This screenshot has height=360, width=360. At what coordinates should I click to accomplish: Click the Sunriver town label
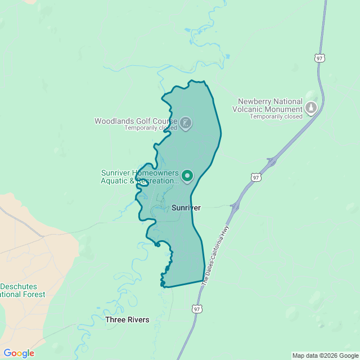point(186,208)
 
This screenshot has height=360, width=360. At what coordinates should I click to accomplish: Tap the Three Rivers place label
point(127,319)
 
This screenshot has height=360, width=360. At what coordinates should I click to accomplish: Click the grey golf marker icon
point(186,123)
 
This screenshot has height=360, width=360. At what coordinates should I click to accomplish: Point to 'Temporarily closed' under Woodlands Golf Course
point(151,128)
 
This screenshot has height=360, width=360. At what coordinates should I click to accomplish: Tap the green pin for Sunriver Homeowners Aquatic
point(187,176)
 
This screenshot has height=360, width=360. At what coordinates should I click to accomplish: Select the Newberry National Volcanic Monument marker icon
point(311,107)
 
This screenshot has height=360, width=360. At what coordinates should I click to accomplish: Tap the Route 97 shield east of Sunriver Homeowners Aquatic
point(256,178)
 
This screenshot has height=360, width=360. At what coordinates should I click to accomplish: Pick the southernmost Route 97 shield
point(196,309)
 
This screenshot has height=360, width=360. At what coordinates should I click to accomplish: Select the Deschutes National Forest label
point(22,290)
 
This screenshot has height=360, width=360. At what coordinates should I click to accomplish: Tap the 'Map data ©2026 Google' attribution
point(325,355)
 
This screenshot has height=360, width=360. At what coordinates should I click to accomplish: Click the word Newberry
point(256,102)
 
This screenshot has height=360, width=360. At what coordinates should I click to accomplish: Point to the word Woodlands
point(113,121)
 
